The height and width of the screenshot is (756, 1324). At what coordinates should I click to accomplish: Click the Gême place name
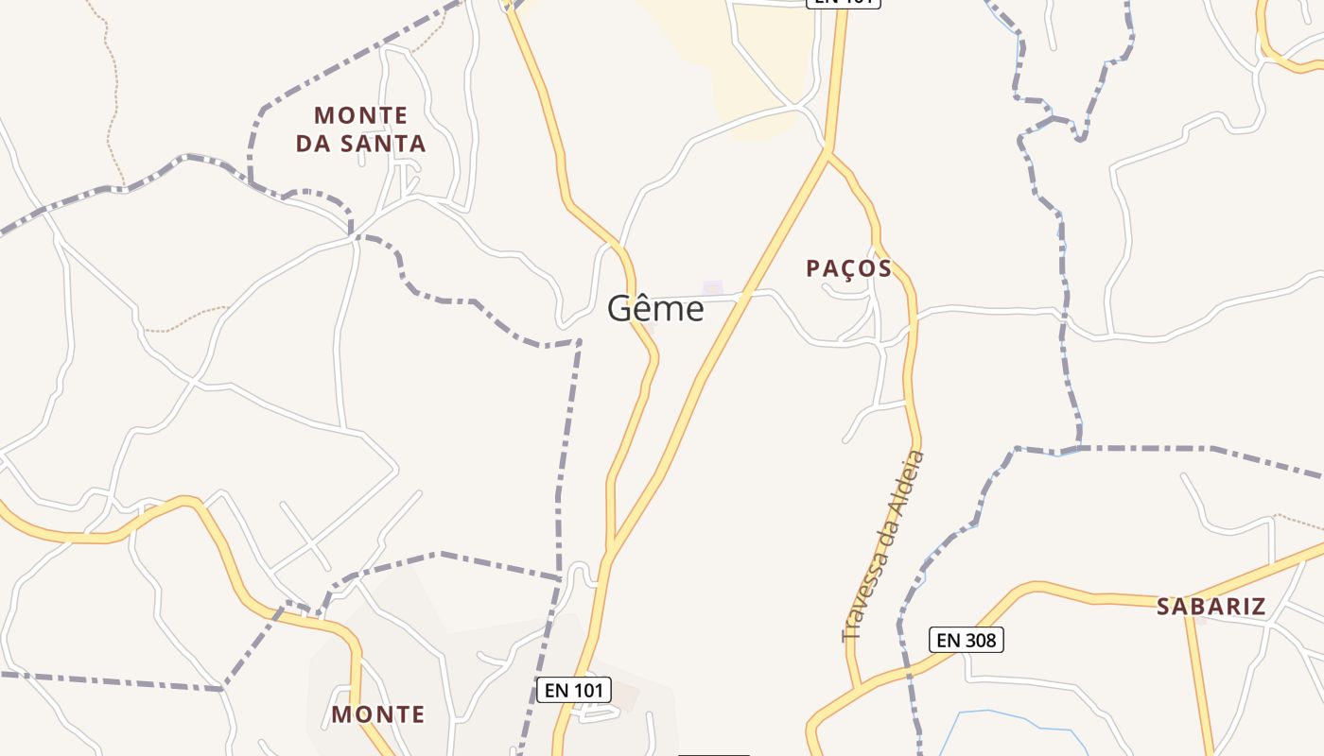point(655,309)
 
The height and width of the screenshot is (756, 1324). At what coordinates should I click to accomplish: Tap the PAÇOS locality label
point(848,268)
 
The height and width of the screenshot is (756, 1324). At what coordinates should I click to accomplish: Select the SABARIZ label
point(1211,607)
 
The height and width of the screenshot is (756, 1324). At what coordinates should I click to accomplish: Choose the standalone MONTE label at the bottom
point(377,714)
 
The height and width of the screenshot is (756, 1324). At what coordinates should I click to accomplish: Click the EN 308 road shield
point(965,640)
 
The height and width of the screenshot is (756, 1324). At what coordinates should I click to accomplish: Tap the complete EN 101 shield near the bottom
point(574,690)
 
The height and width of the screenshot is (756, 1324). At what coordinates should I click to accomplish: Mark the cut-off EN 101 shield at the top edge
point(843,3)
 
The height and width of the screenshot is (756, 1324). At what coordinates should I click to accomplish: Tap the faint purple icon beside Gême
point(712,287)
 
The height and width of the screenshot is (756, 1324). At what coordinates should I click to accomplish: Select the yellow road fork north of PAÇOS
point(827,151)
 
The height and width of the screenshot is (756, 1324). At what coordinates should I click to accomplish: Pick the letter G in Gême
point(619,309)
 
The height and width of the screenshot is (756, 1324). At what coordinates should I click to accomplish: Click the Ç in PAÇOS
point(847,269)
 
